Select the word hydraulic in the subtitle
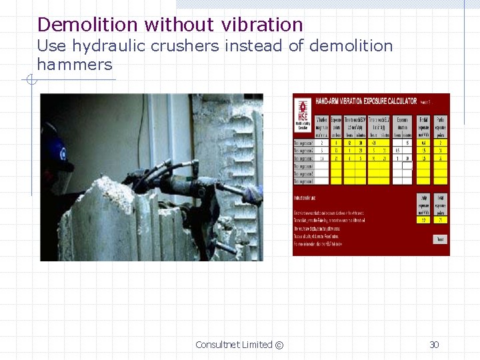[107, 46]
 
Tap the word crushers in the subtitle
[183, 46]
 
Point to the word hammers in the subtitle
[75, 65]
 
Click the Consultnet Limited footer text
[233, 345]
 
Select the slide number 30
[434, 345]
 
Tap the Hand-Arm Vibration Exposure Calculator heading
[366, 101]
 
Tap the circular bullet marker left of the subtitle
[30, 81]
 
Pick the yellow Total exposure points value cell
[440, 219]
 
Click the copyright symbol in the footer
[279, 345]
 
